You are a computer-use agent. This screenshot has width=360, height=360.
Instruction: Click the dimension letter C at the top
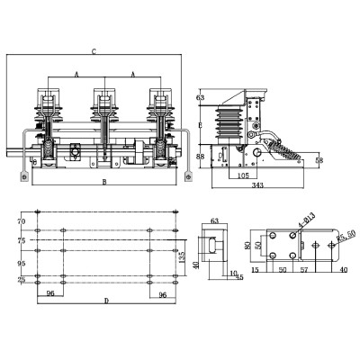(x=95, y=50)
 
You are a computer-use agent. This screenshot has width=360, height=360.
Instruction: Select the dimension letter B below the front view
(x=104, y=183)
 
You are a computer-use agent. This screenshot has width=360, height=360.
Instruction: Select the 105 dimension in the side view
(x=243, y=175)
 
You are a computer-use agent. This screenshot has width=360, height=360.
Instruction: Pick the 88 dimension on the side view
(x=200, y=157)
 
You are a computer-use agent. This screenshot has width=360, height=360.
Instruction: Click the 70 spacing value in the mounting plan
(x=22, y=220)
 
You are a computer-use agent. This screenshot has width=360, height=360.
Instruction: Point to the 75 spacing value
(x=22, y=240)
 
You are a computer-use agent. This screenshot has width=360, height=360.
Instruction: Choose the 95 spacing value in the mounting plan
(x=22, y=263)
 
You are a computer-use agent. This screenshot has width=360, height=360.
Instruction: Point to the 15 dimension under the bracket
(x=256, y=269)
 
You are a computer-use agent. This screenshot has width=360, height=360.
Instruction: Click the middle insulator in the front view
(x=105, y=117)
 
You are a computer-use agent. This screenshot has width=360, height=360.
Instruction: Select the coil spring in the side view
(x=285, y=150)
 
